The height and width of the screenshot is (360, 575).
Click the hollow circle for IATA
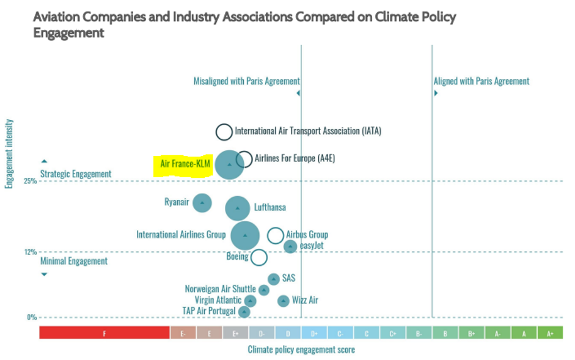(224, 131)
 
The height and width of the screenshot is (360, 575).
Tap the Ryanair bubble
(202, 203)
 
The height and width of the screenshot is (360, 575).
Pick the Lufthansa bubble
(238, 208)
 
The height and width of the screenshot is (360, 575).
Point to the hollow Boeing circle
(259, 257)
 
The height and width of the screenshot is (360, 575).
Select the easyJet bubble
(290, 246)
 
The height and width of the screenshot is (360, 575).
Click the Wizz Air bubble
(284, 301)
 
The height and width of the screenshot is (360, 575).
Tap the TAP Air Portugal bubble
(244, 312)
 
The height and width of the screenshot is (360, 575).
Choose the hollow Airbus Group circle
(276, 235)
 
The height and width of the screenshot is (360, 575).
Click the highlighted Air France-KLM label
(185, 164)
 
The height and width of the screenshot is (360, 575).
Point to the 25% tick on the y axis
(31, 182)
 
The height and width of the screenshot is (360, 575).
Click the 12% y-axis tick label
(31, 252)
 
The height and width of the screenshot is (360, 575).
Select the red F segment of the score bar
(104, 333)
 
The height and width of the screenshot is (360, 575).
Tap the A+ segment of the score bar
(550, 333)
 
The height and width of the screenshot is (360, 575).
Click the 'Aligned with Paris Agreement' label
(482, 81)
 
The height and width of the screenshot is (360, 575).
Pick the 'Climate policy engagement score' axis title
(301, 350)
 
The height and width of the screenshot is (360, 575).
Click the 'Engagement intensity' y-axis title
(9, 154)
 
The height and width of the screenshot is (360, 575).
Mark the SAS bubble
(274, 279)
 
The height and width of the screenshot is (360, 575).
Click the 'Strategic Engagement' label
(76, 174)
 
